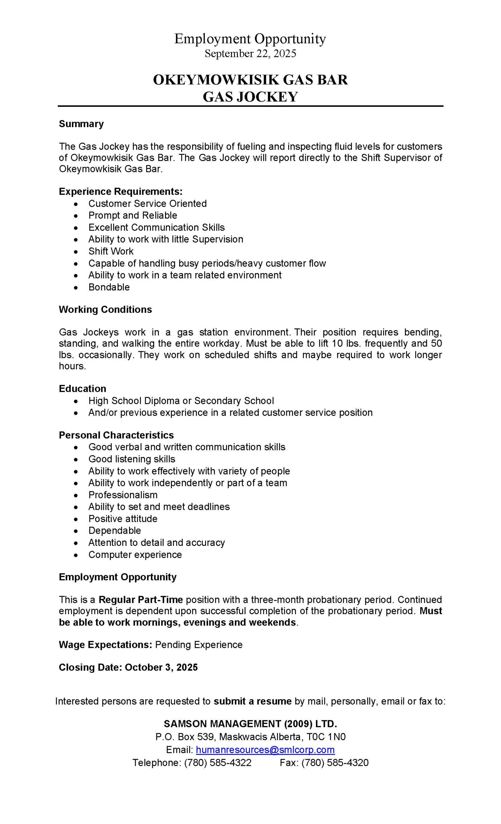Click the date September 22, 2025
(250, 53)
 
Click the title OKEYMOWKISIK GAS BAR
(250, 80)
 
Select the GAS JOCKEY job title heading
(250, 97)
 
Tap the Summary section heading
(81, 124)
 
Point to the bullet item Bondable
(109, 287)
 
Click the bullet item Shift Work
(111, 251)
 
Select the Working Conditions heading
(105, 309)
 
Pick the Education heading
(83, 389)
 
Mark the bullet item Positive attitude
(123, 519)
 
